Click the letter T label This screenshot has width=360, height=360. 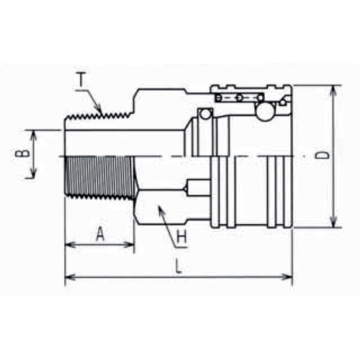click(x=82, y=80)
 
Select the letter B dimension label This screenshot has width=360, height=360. click(x=22, y=153)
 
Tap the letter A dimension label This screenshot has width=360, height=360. click(x=100, y=234)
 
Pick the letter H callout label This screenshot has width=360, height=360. click(x=181, y=237)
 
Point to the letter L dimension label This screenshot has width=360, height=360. click(x=178, y=266)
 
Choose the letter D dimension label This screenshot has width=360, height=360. click(x=322, y=156)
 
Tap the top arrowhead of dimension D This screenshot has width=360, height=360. click(x=333, y=92)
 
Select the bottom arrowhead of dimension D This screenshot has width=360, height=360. click(x=333, y=221)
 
